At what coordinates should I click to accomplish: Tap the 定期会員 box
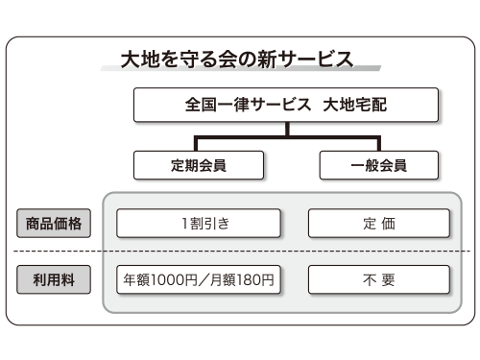(x=199, y=164)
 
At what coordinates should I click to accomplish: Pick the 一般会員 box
(x=378, y=164)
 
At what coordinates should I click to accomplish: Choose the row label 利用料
(x=54, y=280)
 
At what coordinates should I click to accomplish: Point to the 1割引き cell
(x=199, y=225)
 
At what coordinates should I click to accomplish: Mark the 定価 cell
(x=378, y=225)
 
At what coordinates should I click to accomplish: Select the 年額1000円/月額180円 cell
(x=199, y=280)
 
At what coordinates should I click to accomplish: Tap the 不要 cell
(x=378, y=280)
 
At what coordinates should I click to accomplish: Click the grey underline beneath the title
(x=240, y=72)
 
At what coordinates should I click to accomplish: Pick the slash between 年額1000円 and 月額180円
(x=199, y=280)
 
